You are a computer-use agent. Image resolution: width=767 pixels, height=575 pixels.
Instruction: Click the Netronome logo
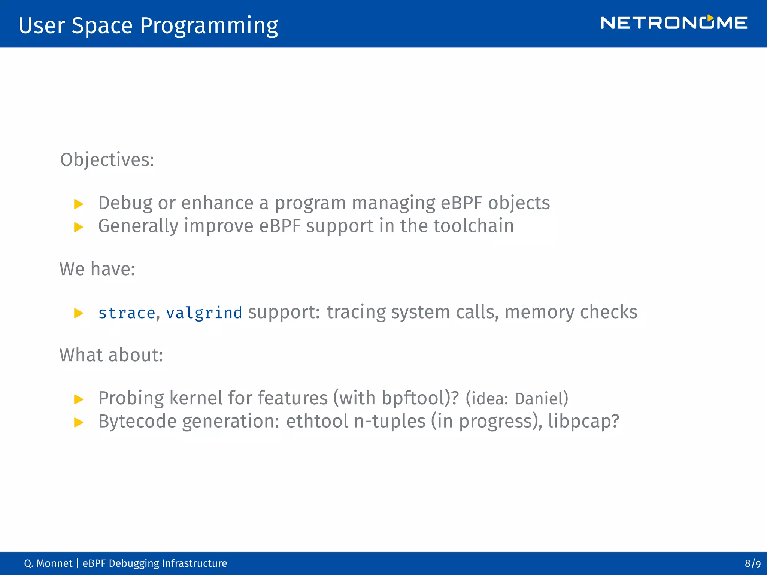673,23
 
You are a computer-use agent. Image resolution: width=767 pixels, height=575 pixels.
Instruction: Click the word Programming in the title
209,26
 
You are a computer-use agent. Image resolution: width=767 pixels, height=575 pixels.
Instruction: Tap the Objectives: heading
107,160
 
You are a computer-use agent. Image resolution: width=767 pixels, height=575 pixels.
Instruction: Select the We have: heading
97,269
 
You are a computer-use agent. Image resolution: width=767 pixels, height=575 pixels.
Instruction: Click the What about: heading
111,355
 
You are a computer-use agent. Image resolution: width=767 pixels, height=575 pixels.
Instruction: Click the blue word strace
127,313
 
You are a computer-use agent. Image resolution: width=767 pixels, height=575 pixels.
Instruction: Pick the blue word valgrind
204,313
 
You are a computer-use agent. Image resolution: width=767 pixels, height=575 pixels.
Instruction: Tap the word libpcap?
583,422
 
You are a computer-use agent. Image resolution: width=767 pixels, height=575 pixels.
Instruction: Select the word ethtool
317,422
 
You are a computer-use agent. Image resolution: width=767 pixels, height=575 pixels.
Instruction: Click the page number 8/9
752,563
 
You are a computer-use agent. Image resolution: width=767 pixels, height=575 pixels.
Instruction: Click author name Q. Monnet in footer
48,563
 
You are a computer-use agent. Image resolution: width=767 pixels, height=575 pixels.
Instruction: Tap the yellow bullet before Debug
79,204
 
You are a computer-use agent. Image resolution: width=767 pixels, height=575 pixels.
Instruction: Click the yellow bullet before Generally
79,227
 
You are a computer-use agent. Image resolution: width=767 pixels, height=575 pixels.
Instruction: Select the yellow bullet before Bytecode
79,423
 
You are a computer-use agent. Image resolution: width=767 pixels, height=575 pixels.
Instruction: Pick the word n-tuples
389,422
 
